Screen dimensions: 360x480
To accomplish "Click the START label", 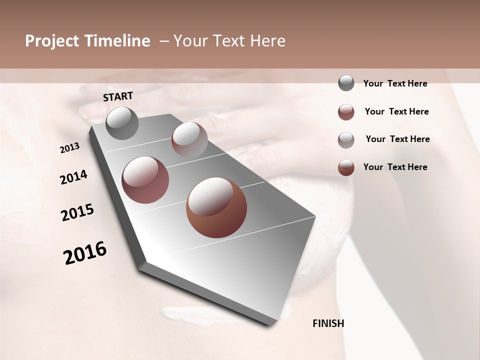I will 118,96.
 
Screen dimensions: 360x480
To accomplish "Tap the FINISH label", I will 328,323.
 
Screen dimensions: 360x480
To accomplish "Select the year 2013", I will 69,148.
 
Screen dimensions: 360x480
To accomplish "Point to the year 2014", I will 73,177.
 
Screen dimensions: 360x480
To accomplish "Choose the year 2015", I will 77,212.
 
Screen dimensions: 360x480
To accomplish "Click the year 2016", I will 85,253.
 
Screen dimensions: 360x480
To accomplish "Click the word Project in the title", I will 52,41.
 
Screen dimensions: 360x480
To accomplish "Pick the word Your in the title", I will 190,41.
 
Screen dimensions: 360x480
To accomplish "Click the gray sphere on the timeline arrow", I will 122,123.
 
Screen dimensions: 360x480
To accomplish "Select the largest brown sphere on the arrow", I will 216,207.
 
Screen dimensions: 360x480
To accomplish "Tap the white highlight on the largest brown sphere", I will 210,196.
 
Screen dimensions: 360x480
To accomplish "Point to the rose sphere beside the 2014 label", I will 145,180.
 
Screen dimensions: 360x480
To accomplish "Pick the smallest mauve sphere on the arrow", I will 189,139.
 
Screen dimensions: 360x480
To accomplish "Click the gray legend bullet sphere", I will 346,83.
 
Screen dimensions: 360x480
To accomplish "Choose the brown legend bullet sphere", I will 346,167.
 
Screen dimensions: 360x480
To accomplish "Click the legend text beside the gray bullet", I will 395,83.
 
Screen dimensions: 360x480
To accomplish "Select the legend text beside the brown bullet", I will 395,167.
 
